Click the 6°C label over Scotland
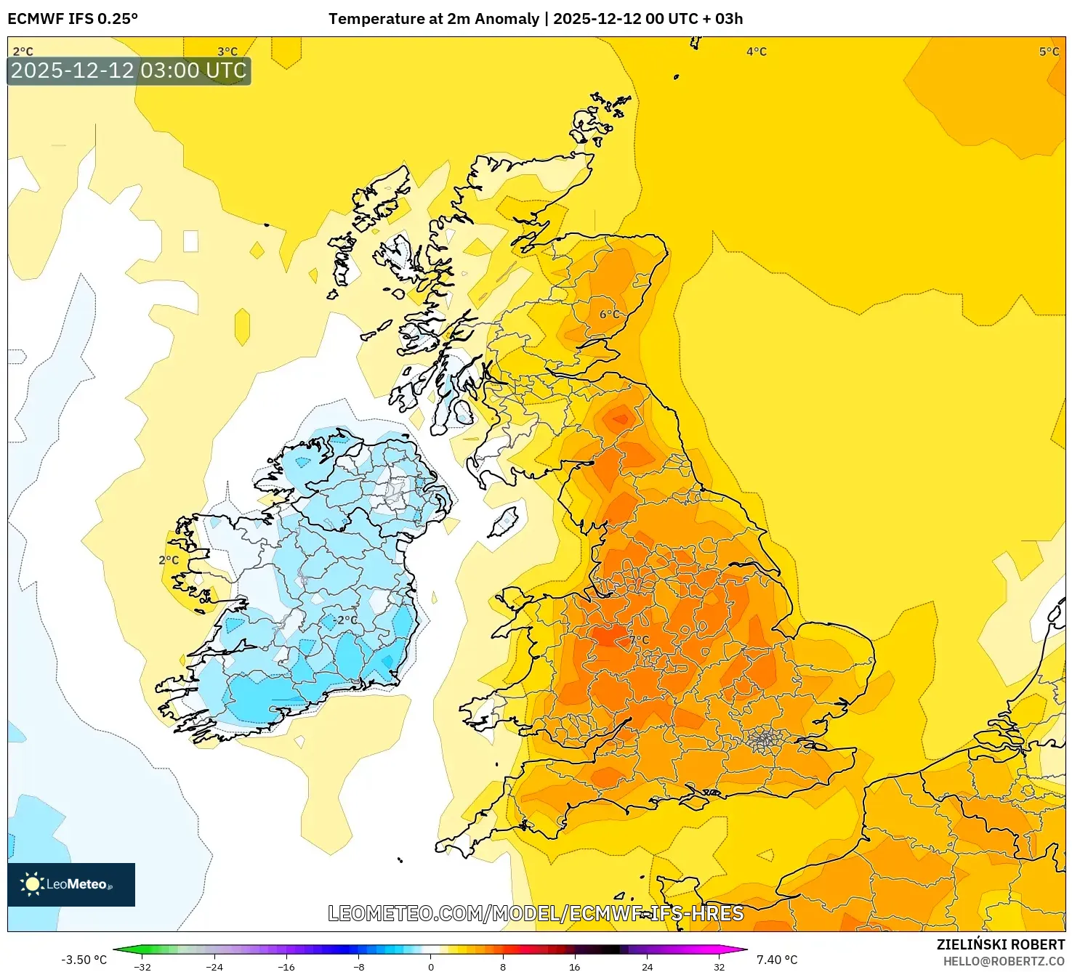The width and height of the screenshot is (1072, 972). click(610, 315)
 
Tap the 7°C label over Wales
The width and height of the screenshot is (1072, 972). click(639, 640)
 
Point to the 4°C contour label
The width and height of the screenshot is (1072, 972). click(756, 52)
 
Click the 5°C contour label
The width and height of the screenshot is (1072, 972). click(1049, 52)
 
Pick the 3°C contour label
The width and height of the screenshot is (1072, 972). click(227, 52)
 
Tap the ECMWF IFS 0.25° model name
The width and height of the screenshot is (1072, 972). click(73, 19)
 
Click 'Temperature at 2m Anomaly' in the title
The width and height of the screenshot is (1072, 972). click(433, 19)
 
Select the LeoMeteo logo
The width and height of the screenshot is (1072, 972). click(71, 884)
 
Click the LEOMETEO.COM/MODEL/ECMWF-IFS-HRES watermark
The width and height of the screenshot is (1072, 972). click(536, 913)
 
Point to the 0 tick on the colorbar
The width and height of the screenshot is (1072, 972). click(431, 966)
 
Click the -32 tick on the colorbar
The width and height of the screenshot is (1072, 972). click(142, 966)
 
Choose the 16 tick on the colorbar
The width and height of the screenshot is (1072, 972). click(574, 966)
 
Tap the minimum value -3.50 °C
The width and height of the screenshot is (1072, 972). click(84, 960)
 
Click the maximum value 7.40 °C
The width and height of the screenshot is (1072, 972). click(777, 960)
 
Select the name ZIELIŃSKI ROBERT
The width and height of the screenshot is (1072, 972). click(1000, 944)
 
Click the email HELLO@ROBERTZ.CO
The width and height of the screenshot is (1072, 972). click(1003, 961)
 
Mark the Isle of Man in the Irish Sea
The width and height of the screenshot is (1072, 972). click(504, 522)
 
